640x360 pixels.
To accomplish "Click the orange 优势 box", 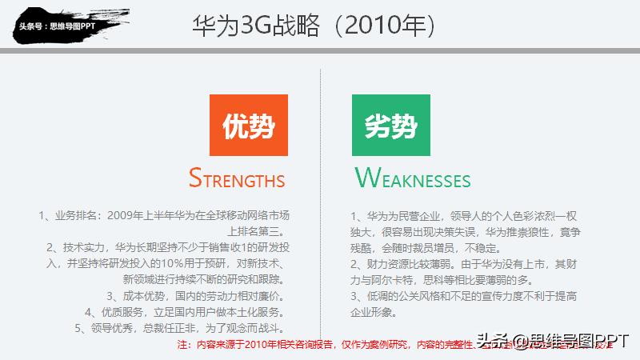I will pyautogui.click(x=247, y=126).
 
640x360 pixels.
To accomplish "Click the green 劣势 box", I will pyautogui.click(x=390, y=126).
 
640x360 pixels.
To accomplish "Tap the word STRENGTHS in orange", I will pyautogui.click(x=237, y=178).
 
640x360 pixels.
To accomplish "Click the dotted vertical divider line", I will pyautogui.click(x=320, y=200).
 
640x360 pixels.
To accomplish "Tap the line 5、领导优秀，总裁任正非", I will pyautogui.click(x=180, y=328).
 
